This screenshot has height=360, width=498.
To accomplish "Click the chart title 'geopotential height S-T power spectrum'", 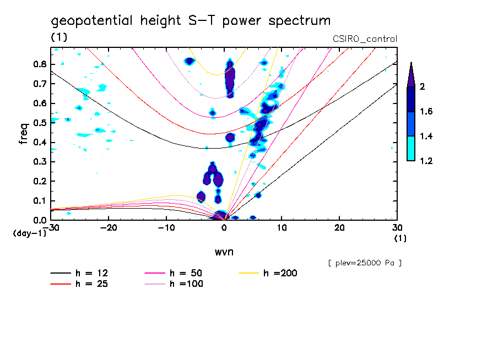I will click(191, 21).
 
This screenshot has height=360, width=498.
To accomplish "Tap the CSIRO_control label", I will click(365, 39).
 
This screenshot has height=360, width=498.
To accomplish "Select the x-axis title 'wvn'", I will click(224, 252).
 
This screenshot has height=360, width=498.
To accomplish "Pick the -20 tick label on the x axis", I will click(109, 227).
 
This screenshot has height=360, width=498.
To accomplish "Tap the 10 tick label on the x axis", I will click(282, 227).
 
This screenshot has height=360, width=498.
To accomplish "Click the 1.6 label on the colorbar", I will click(426, 112).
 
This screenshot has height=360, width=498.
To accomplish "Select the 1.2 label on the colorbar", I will click(426, 161).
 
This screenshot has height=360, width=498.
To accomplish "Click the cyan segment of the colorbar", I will click(410, 149).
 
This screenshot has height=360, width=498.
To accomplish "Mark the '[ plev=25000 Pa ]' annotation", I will click(364, 263).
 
